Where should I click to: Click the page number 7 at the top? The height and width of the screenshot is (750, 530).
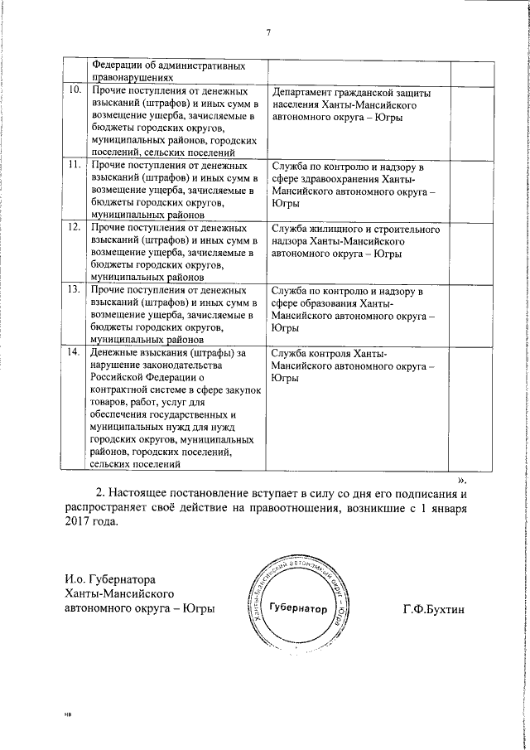268,32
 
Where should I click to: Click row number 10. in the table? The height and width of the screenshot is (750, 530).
75,90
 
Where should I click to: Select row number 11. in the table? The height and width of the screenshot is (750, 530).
75,165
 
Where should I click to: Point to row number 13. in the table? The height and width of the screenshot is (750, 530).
75,290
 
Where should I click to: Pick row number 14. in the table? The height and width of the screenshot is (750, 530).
75,353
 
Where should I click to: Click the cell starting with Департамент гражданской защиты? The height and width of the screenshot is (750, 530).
351,105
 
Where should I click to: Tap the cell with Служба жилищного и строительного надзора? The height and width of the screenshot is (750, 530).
355,241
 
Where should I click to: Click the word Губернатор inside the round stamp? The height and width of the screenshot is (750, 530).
299,609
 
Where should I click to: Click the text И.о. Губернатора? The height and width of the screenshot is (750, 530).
109,578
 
